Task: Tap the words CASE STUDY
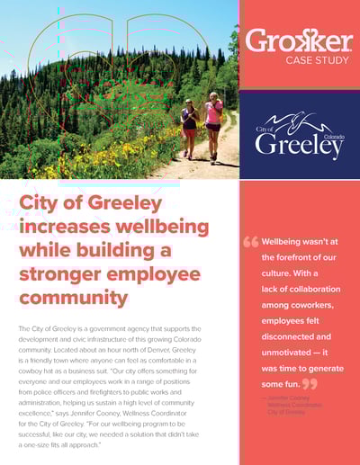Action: [313, 60]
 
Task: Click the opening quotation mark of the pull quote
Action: [250, 242]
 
